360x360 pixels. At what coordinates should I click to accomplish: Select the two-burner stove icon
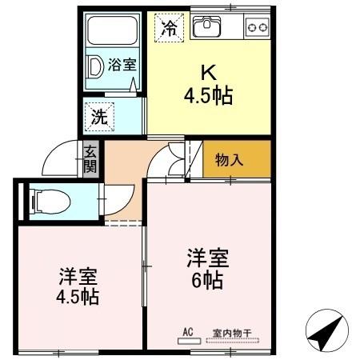[257, 27]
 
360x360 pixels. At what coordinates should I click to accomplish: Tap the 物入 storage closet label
[230, 159]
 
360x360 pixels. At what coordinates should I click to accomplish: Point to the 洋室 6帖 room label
[208, 269]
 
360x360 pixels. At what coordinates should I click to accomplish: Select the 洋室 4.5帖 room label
[78, 286]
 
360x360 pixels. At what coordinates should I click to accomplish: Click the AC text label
[189, 330]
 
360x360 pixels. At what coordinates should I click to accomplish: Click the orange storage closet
[237, 159]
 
